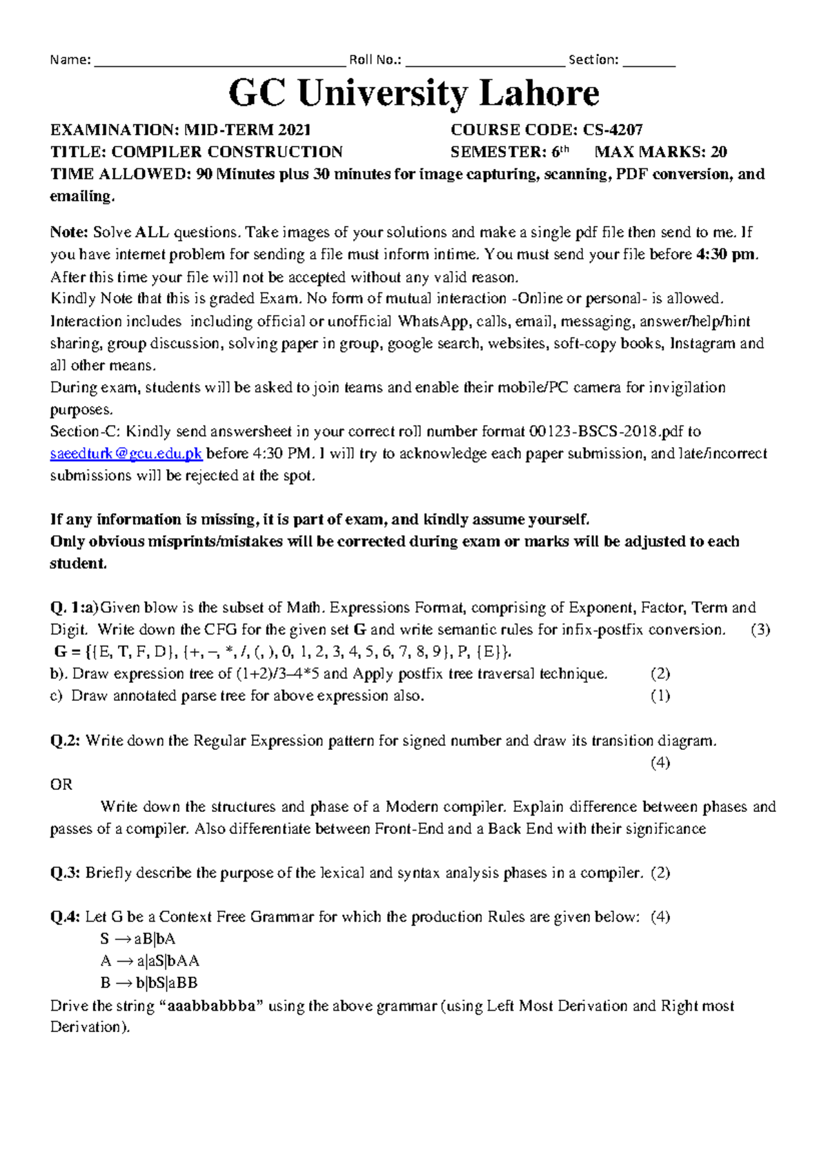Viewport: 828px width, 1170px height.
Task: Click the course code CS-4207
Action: [613, 130]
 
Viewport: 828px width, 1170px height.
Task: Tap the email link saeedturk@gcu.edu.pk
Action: [126, 454]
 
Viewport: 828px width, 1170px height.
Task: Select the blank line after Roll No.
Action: [485, 62]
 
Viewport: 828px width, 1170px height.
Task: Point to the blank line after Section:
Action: [648, 62]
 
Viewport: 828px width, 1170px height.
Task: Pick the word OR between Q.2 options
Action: [61, 785]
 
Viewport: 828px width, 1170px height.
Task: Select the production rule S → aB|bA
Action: [138, 939]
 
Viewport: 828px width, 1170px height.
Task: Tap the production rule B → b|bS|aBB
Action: [149, 983]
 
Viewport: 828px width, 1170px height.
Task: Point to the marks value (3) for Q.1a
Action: [760, 630]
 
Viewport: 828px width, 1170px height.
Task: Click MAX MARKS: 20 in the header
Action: [660, 152]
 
